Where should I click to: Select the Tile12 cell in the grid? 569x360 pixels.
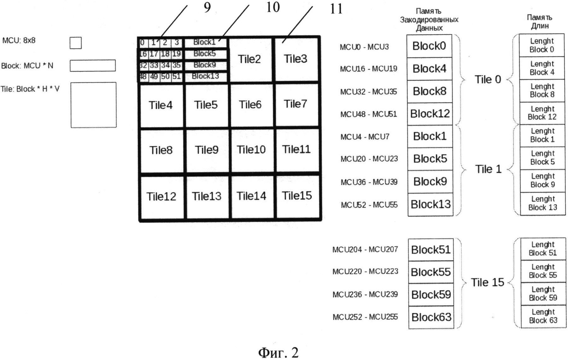(161, 197)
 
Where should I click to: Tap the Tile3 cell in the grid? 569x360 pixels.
(296, 59)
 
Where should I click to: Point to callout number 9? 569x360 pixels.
(207, 7)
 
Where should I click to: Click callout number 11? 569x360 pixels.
(336, 9)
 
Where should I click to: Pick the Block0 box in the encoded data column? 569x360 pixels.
(429, 46)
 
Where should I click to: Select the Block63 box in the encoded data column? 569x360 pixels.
(431, 317)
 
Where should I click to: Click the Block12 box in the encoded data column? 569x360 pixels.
(430, 114)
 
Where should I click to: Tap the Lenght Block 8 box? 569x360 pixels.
(542, 91)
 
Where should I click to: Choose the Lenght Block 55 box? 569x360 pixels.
(543, 271)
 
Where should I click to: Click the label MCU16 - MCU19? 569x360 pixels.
(368, 69)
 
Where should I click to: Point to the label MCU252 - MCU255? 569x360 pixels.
(365, 317)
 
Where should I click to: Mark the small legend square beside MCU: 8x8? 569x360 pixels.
(76, 43)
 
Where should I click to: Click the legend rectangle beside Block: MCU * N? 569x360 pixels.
(93, 66)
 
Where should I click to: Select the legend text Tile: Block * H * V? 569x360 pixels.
(30, 89)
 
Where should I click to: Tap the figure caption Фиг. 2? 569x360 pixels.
(278, 352)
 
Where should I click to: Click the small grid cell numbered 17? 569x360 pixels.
(154, 54)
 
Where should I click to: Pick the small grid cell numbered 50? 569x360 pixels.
(166, 76)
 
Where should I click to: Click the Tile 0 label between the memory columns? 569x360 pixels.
(488, 80)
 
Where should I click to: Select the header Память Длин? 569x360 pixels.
(540, 21)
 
